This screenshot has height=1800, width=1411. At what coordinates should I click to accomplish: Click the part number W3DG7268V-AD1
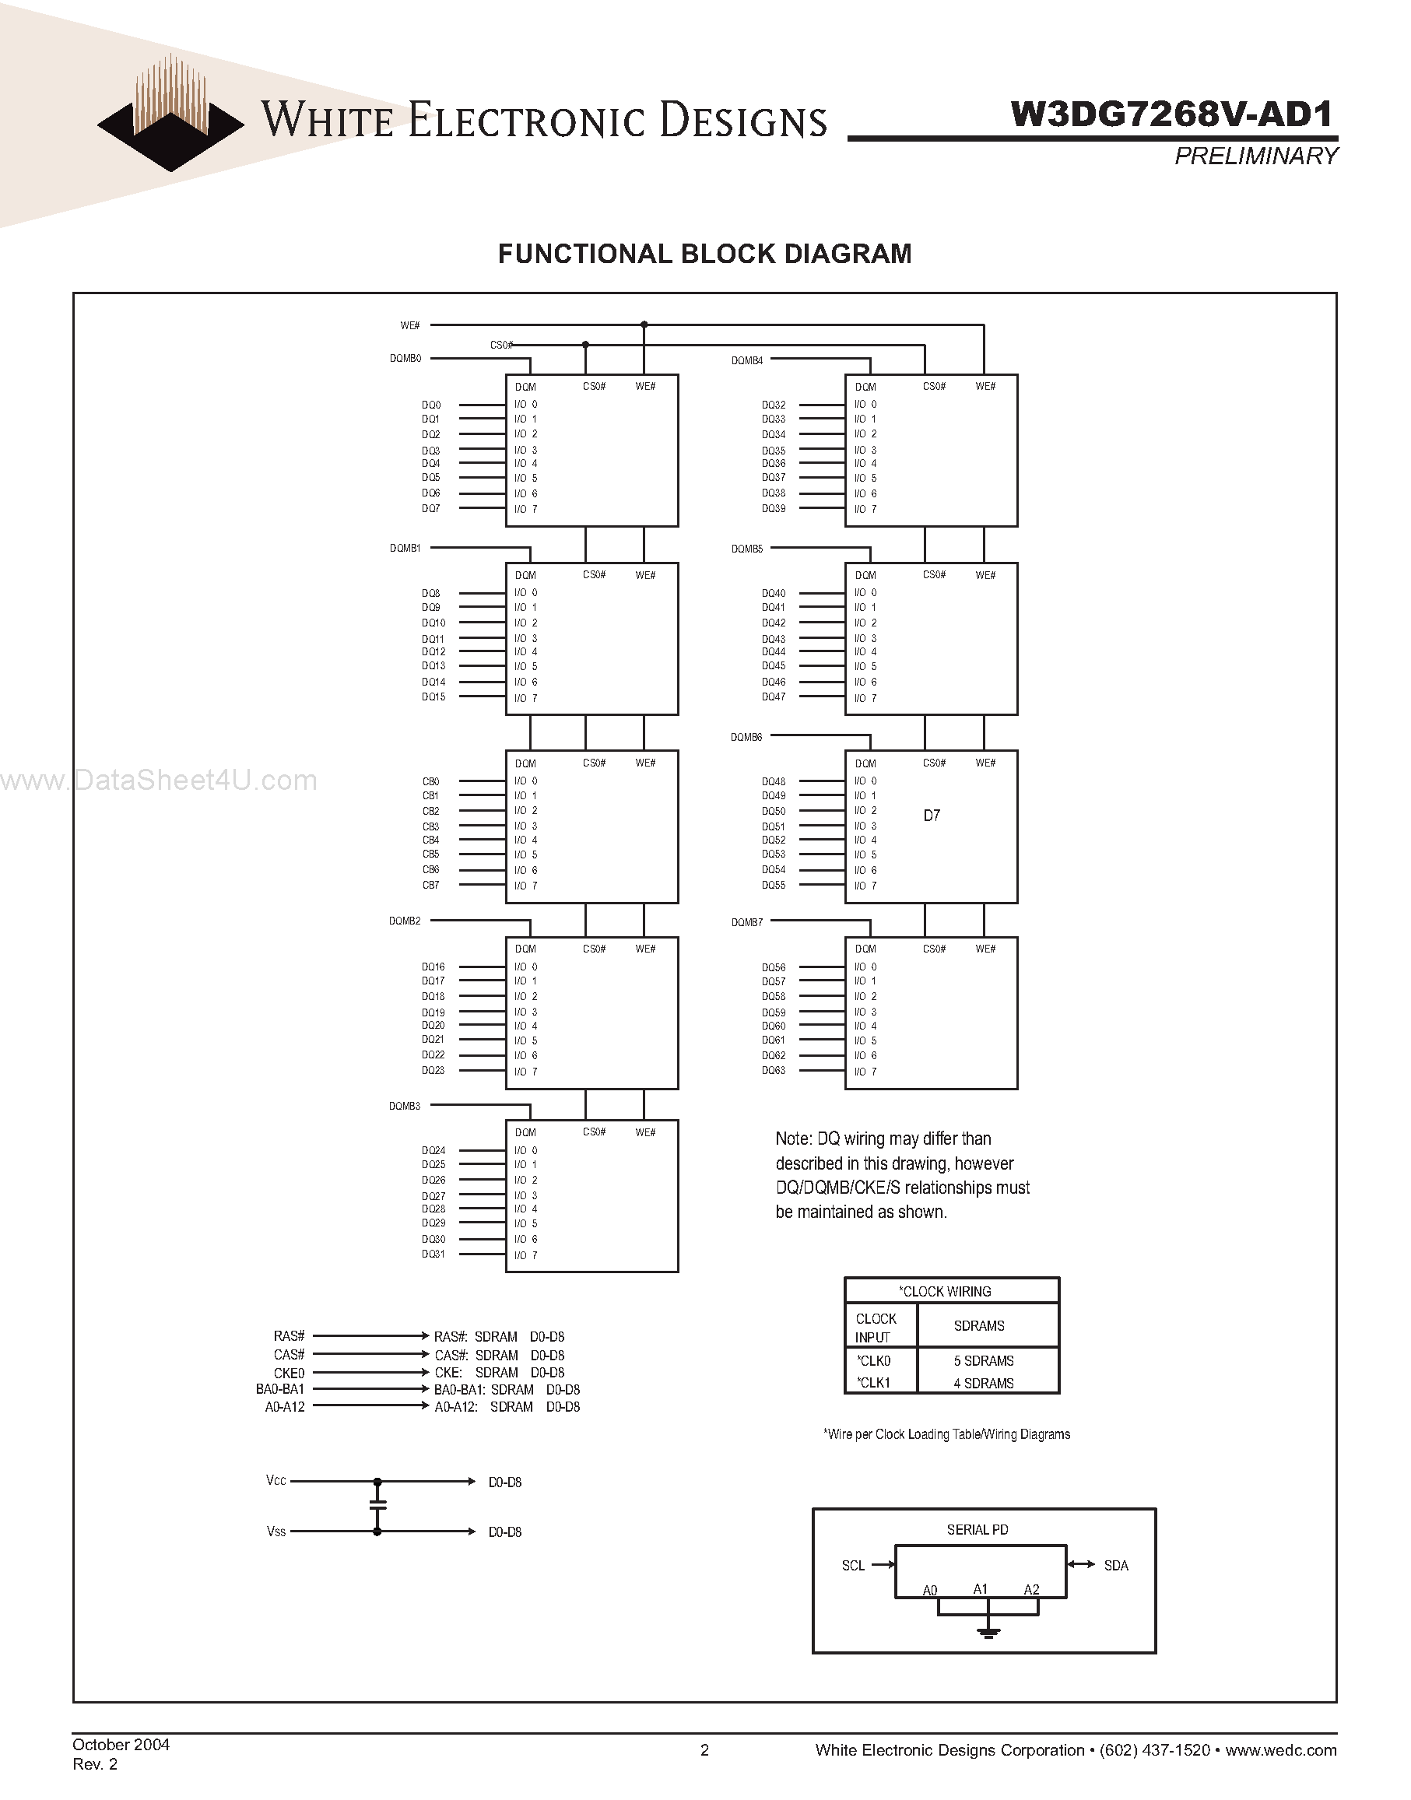click(x=1172, y=115)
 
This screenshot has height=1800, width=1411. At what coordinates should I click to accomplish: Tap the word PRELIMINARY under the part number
click(x=1255, y=156)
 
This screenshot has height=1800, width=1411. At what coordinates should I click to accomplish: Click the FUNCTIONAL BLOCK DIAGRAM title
click(x=704, y=254)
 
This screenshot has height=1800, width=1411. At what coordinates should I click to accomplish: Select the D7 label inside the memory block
click(x=931, y=816)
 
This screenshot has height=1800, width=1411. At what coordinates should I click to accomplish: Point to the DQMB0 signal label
click(x=405, y=359)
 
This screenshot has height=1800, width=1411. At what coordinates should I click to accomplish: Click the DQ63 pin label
click(x=774, y=1071)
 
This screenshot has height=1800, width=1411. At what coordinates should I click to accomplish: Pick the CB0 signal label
click(x=430, y=781)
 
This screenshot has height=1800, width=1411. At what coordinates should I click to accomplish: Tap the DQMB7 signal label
click(x=747, y=922)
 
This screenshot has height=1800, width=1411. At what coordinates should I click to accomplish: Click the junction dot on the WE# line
click(x=644, y=325)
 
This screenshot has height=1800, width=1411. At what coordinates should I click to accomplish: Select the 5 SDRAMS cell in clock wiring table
click(x=983, y=1360)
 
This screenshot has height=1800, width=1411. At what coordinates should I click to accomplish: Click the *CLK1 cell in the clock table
click(x=873, y=1383)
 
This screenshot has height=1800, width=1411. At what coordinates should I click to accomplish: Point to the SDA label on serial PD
click(x=1115, y=1566)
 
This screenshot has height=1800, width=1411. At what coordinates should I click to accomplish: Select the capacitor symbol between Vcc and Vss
click(x=377, y=1506)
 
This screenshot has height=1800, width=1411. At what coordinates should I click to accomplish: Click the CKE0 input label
click(x=290, y=1373)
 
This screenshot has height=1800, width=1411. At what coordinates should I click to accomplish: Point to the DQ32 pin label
click(x=774, y=405)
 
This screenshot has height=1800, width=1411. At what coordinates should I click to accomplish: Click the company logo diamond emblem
click(x=171, y=124)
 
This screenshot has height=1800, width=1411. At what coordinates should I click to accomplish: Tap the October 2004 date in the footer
click(x=121, y=1745)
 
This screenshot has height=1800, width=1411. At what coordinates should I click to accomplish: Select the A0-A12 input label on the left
click(x=284, y=1407)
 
